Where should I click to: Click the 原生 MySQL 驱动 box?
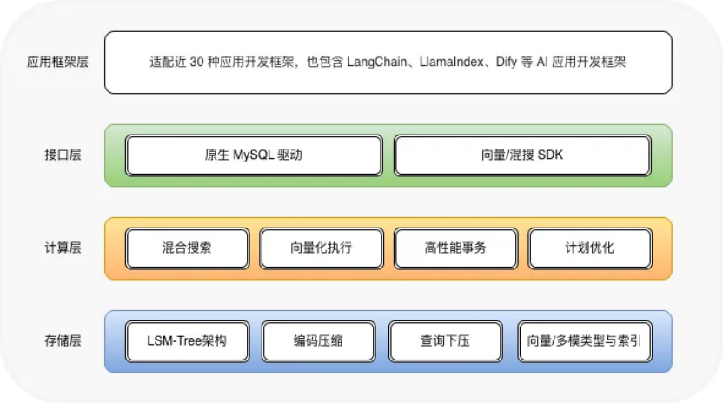[x=254, y=155]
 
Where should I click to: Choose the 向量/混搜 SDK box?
[x=521, y=155]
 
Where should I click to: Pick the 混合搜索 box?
[x=187, y=248]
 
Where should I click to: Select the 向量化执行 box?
[x=321, y=248]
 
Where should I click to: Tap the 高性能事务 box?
[x=455, y=248]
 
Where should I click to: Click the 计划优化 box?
[x=589, y=248]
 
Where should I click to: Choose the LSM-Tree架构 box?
[x=187, y=341]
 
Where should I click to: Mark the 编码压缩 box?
[x=318, y=341]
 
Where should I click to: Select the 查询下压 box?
[x=445, y=341]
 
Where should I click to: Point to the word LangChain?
[x=379, y=63]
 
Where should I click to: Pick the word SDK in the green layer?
[x=550, y=155]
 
